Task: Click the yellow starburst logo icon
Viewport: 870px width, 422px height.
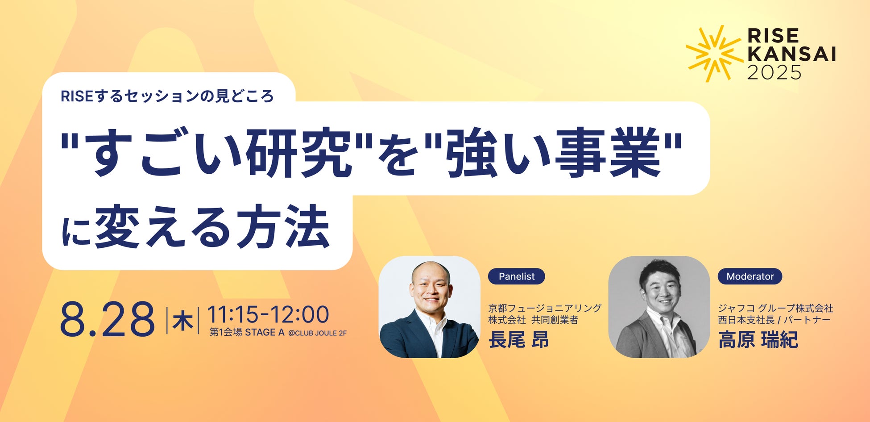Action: pos(714,54)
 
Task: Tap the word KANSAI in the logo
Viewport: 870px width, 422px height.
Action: pos(791,54)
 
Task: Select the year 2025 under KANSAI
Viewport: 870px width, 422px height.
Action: pos(774,72)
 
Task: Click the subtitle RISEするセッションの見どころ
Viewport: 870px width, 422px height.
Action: pos(167,96)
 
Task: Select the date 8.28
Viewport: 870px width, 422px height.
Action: pos(108,319)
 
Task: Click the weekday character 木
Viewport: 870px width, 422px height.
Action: pos(182,321)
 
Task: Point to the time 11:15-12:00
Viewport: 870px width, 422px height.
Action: pos(268,314)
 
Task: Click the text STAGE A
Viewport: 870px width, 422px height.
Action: pos(265,332)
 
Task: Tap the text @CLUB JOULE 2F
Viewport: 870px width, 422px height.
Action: pos(318,333)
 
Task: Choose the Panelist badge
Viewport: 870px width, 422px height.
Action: pos(516,276)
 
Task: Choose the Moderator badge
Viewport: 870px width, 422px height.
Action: pos(750,276)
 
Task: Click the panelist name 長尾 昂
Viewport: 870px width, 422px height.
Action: pos(519,340)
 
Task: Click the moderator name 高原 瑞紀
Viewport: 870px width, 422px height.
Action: pos(758,340)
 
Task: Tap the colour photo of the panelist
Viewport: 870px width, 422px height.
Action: pos(429,307)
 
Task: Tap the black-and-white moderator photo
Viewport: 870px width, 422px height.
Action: pos(659,307)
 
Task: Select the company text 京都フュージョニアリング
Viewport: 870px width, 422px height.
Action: pos(545,308)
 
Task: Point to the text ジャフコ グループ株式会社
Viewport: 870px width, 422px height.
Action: pos(775,308)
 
